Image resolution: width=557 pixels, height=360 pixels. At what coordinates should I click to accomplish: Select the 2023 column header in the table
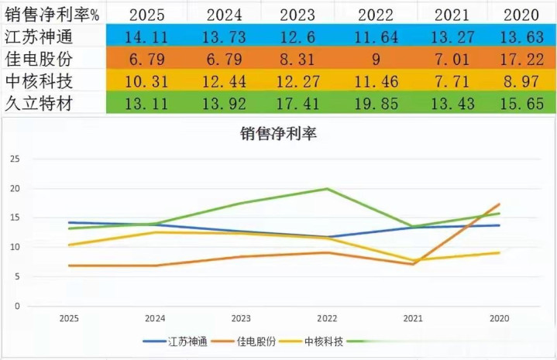coord(297,15)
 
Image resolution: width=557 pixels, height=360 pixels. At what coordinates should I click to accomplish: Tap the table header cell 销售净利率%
coord(50,15)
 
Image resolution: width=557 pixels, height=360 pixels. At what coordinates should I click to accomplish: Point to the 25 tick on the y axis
coord(14,159)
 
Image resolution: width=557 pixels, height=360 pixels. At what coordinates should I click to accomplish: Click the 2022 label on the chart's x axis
coord(327,318)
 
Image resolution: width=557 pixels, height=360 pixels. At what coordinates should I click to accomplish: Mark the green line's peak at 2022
coord(327,189)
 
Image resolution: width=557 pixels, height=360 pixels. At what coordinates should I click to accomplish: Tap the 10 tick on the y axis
coord(14,247)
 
